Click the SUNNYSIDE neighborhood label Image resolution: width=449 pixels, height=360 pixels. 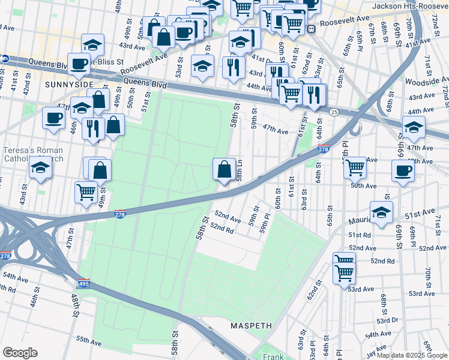click(x=67, y=85)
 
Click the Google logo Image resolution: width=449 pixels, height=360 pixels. click(x=20, y=352)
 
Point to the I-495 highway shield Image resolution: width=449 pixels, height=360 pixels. click(x=83, y=283)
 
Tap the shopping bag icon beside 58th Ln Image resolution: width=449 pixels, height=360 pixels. click(x=224, y=170)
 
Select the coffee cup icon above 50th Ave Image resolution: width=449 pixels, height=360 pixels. click(x=402, y=170)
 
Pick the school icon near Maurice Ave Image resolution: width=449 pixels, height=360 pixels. click(x=381, y=212)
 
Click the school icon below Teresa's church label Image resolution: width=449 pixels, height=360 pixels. click(x=40, y=167)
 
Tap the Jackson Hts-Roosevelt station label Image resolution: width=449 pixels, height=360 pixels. click(x=410, y=6)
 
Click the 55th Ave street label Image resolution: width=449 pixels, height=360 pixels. click(x=88, y=341)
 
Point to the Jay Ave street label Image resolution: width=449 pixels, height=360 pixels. click(x=378, y=346)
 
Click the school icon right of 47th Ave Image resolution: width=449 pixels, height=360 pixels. click(x=413, y=127)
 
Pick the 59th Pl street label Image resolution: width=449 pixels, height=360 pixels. click(x=265, y=229)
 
